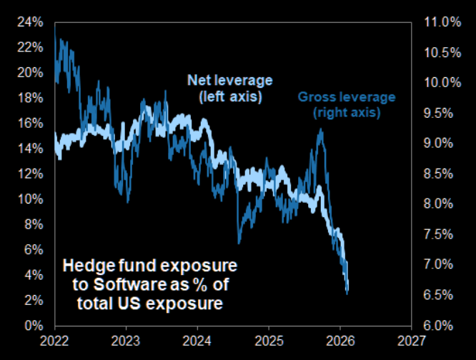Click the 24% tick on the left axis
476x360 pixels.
pyautogui.click(x=29, y=22)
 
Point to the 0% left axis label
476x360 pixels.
pyautogui.click(x=31, y=326)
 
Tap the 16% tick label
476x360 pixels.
pyautogui.click(x=29, y=123)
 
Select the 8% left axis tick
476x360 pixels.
pyautogui.click(x=31, y=224)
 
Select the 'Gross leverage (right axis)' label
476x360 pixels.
pyautogui.click(x=346, y=105)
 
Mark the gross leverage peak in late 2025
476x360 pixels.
pyautogui.click(x=321, y=130)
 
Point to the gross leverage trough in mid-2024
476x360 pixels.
pyautogui.click(x=240, y=243)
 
